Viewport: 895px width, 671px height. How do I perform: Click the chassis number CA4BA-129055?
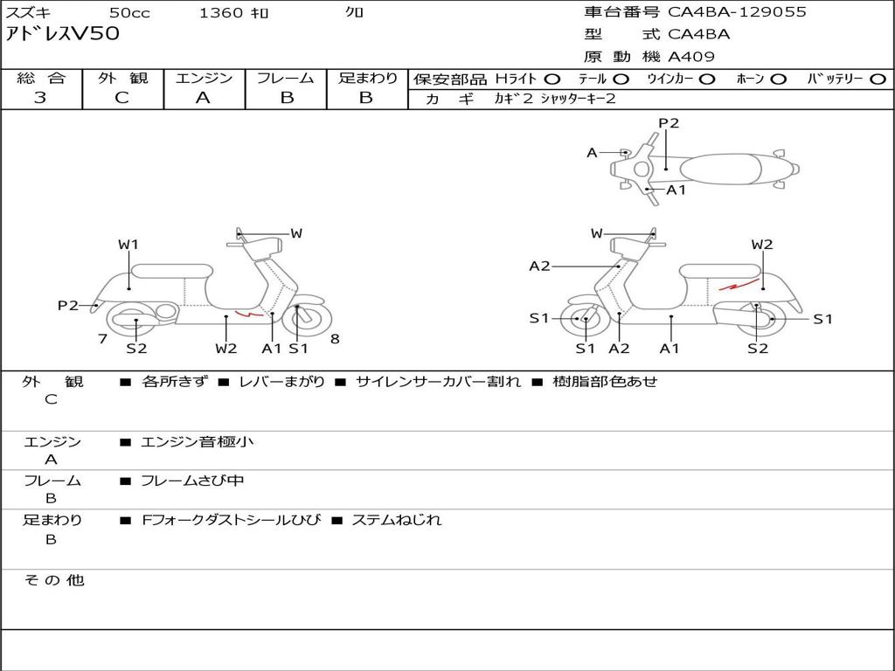tap(737, 12)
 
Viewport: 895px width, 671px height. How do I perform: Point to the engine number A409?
tap(691, 57)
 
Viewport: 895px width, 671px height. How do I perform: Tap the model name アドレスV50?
tap(63, 34)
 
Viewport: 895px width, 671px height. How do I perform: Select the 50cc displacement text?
tap(129, 12)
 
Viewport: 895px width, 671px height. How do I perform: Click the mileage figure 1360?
tap(220, 12)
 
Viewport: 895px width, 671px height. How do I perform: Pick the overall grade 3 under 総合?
tap(40, 98)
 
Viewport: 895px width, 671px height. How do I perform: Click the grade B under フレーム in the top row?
tap(287, 98)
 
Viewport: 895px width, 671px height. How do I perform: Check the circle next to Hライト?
tap(552, 80)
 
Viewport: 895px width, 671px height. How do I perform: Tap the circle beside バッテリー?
tap(878, 80)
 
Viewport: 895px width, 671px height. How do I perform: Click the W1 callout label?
tap(128, 245)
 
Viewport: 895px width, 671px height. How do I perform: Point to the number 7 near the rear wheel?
tap(103, 339)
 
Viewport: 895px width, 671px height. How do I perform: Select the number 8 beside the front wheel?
tap(335, 339)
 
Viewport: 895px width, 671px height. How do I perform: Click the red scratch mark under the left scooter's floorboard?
tap(249, 314)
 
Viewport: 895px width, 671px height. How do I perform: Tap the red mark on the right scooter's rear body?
tap(738, 284)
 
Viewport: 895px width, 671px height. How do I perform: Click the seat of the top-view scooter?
tap(720, 169)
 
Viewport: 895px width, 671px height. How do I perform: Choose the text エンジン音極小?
tap(197, 441)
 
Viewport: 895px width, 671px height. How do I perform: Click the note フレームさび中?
tap(192, 481)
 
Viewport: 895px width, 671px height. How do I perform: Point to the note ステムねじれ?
tap(397, 520)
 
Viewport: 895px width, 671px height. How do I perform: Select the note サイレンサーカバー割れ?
tap(439, 382)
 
